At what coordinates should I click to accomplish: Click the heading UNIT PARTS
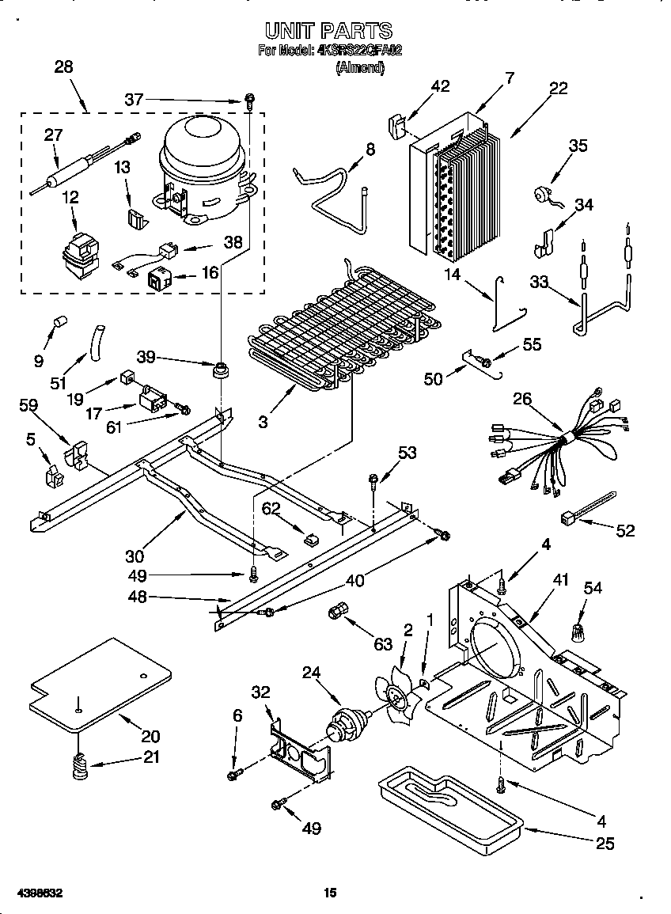[x=328, y=31]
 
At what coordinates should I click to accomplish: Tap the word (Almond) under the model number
[x=360, y=68]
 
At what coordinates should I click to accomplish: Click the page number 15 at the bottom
[x=331, y=893]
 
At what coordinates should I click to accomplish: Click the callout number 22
[x=558, y=89]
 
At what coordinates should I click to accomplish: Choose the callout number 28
[x=63, y=67]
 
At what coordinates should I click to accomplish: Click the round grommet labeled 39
[x=221, y=369]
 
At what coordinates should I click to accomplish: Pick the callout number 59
[x=28, y=405]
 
